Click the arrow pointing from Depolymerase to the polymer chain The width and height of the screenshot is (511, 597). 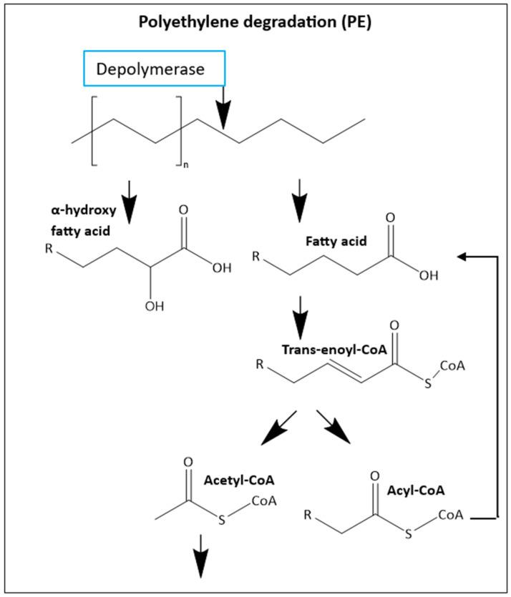[x=224, y=107]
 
